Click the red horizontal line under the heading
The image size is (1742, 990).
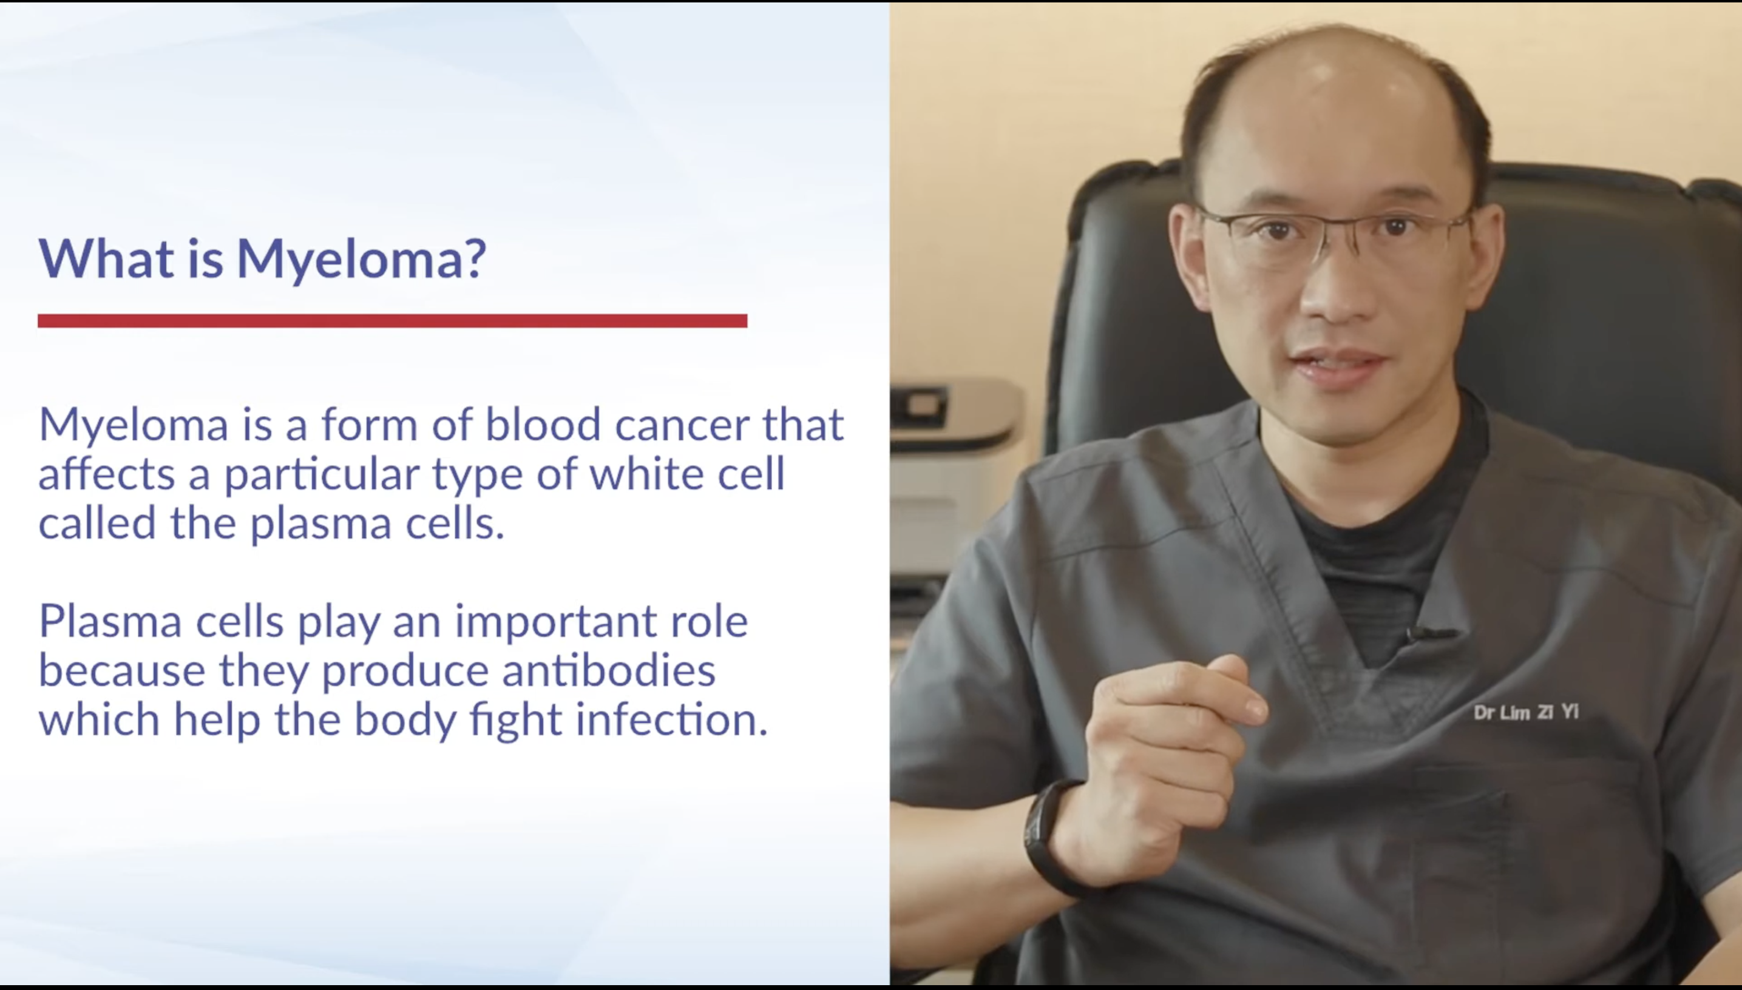click(x=393, y=321)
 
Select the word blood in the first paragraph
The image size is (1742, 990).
click(x=543, y=423)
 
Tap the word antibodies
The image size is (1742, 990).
click(x=609, y=670)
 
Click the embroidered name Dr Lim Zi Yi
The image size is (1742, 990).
click(x=1526, y=713)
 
